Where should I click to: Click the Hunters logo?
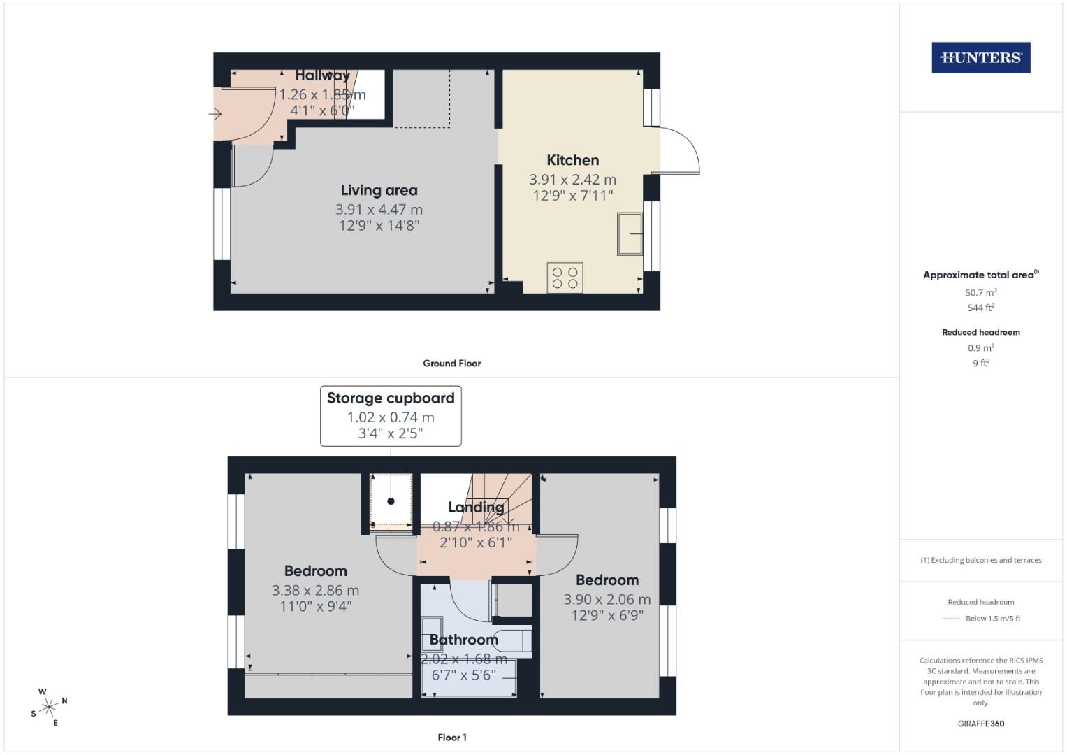(980, 58)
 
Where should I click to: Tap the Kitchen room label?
(572, 160)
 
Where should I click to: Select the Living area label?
(379, 190)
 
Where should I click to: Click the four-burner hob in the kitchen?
(565, 278)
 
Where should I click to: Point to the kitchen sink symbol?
(630, 233)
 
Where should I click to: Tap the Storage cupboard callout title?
(391, 398)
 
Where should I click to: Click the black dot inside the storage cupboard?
(391, 501)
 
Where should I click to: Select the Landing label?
(476, 507)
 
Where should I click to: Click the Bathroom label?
(463, 640)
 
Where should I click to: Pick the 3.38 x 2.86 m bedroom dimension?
(315, 591)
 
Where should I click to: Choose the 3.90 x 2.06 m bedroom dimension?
(607, 599)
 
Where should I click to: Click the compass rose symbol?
(49, 707)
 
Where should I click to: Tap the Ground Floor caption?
(451, 364)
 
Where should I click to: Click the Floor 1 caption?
(451, 738)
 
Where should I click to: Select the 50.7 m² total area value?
(980, 293)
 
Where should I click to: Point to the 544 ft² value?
(980, 308)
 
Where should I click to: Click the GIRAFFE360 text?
(980, 724)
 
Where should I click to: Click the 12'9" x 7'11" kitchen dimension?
(572, 196)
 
